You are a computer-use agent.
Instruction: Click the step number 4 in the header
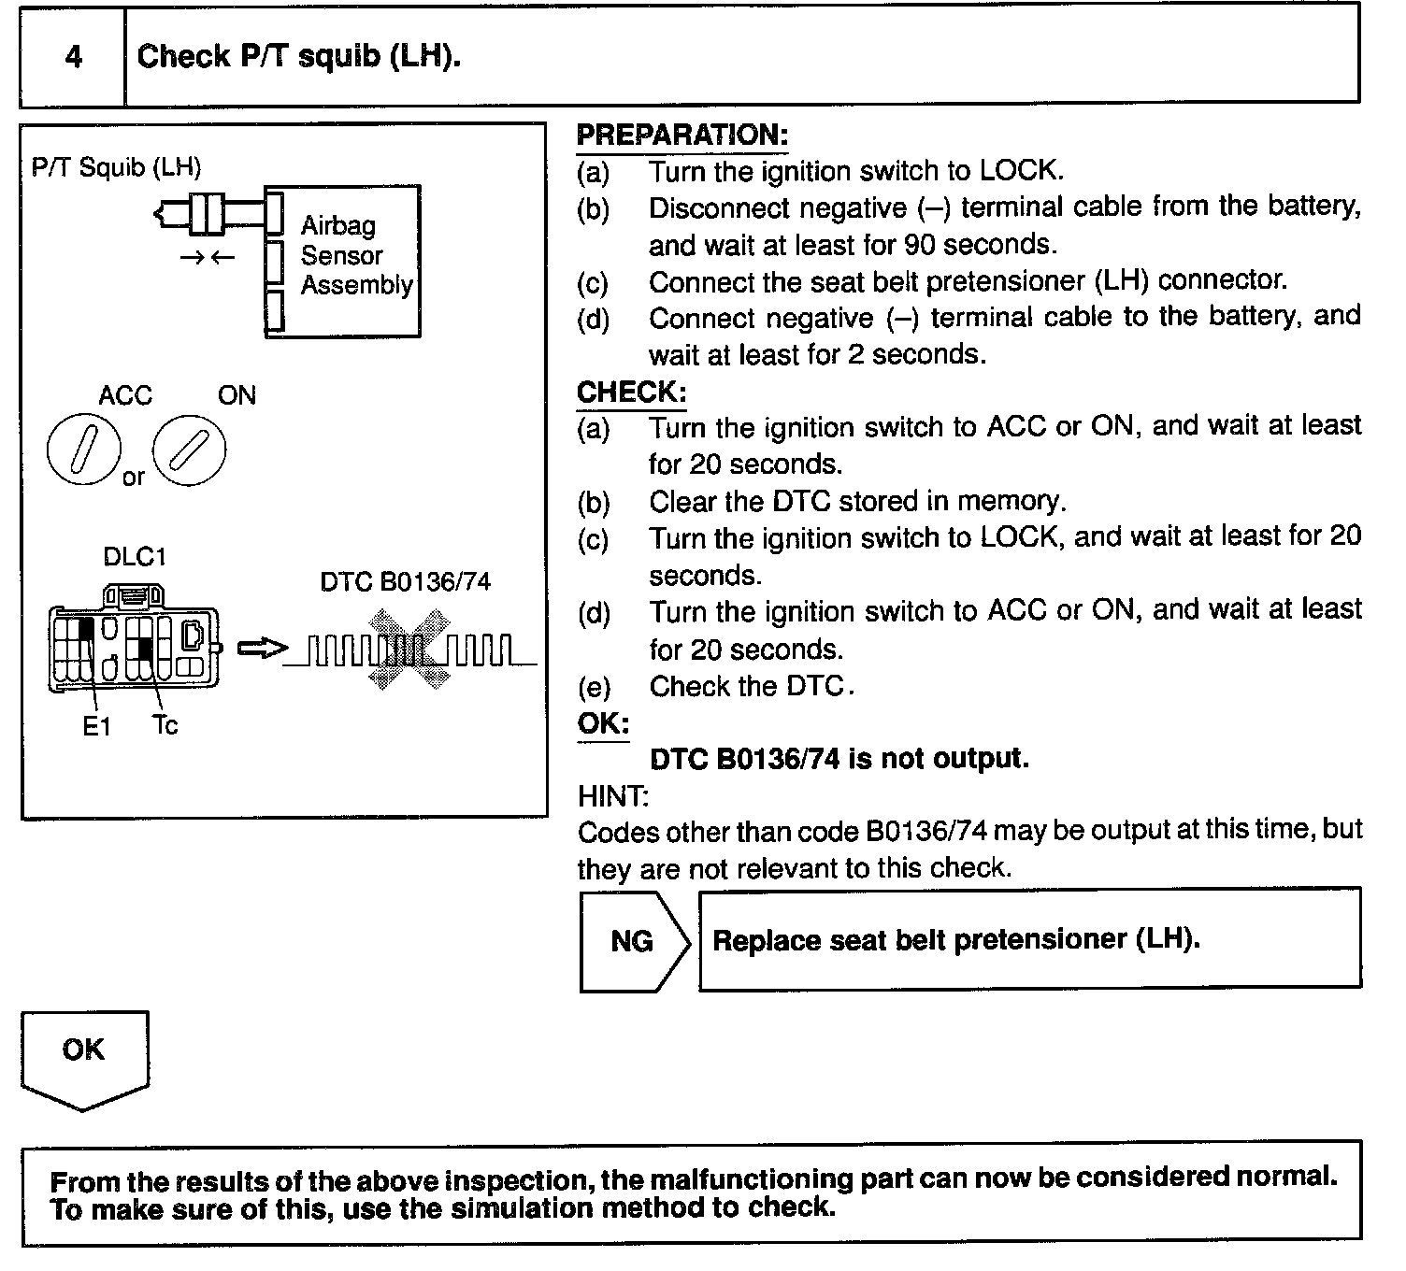(x=73, y=58)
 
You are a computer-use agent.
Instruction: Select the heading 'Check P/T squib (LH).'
(x=299, y=57)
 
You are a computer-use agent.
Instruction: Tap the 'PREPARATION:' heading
(x=681, y=136)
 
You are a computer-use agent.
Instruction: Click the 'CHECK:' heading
(x=631, y=393)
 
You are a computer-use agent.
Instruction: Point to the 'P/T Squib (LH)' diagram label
(x=116, y=167)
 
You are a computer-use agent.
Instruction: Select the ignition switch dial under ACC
(x=83, y=450)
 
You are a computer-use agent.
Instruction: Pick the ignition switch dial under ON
(x=189, y=450)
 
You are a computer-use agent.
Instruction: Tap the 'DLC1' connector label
(x=135, y=557)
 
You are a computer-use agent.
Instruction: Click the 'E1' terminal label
(x=96, y=726)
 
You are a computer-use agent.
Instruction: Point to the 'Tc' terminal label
(x=165, y=725)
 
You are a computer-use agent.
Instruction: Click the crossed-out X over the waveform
(x=408, y=650)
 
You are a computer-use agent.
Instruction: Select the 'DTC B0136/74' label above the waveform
(x=405, y=582)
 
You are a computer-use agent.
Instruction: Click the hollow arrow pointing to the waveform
(x=259, y=648)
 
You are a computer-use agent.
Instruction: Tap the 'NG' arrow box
(x=633, y=941)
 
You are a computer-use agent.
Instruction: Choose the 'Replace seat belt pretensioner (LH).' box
(x=1028, y=939)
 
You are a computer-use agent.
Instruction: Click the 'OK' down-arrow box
(x=84, y=1058)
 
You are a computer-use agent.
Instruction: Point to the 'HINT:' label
(x=613, y=796)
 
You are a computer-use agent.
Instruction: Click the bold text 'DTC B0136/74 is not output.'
(x=839, y=759)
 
